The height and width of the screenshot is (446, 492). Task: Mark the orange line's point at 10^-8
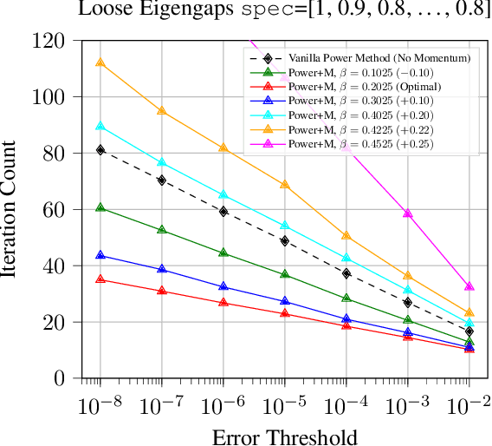tap(100, 63)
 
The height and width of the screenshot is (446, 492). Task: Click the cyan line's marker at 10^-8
tap(100, 127)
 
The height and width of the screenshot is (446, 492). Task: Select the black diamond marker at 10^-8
tap(100, 150)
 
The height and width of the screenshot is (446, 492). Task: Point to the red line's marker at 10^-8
tap(100, 279)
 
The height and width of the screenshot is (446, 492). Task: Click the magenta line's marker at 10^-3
tap(407, 213)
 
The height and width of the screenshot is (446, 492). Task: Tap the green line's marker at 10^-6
tap(223, 253)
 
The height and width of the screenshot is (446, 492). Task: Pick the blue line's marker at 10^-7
tap(162, 270)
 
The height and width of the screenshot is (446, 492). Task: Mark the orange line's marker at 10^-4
tap(346, 236)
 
